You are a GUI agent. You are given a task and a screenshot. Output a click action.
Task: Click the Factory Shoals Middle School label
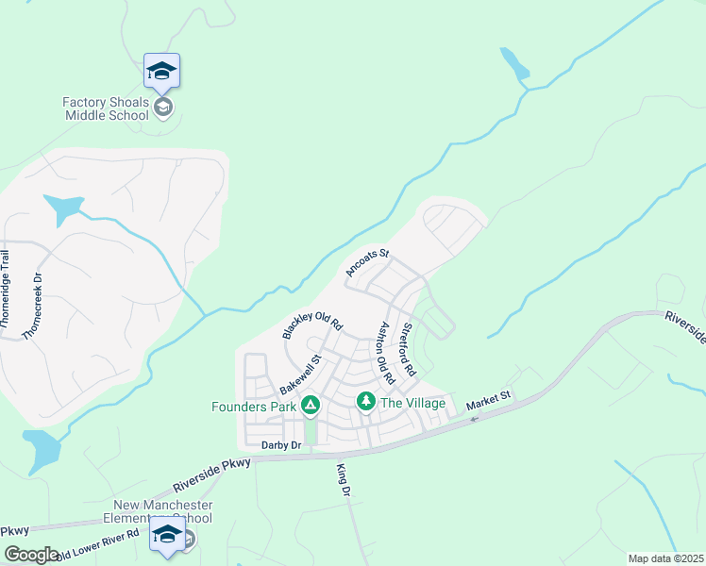[106, 108]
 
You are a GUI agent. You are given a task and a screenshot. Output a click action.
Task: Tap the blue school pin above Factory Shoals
[161, 71]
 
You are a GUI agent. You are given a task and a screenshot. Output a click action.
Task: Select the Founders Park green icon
[311, 407]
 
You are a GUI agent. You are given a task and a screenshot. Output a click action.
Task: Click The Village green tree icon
[366, 403]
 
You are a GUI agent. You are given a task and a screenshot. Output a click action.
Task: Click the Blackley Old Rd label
[311, 323]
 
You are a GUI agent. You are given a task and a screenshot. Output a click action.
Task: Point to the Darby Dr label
[281, 444]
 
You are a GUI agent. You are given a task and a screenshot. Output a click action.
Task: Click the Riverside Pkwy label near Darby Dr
[212, 475]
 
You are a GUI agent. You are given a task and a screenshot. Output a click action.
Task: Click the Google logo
[30, 555]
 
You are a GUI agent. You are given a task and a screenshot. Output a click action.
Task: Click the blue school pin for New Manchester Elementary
[167, 533]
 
